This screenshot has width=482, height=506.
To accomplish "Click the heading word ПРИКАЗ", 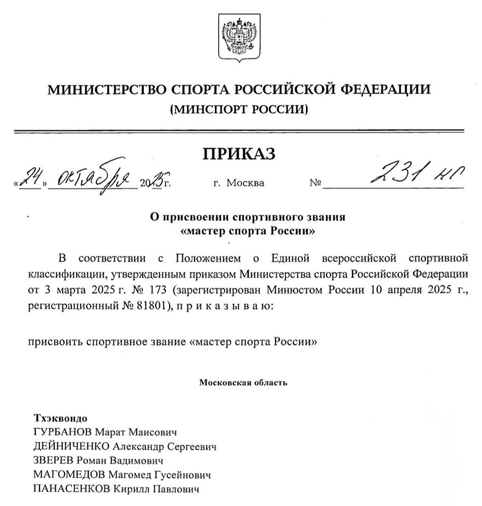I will click(x=239, y=154).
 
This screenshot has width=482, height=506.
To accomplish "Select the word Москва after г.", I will click(x=245, y=183).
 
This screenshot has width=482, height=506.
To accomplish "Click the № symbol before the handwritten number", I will click(x=315, y=183).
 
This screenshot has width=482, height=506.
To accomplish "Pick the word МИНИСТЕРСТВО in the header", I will click(x=105, y=89).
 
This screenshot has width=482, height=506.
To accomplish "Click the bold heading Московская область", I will click(x=243, y=382).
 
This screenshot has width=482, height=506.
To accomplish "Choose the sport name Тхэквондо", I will click(x=60, y=418).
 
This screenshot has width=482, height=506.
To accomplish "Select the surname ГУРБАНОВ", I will click(x=62, y=432).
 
